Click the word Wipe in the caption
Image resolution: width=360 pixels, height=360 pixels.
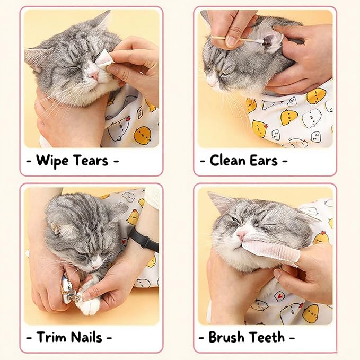[56, 160]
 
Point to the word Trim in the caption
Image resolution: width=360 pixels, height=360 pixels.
[53, 337]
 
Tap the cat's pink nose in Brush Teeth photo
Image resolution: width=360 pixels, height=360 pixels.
[242, 233]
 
